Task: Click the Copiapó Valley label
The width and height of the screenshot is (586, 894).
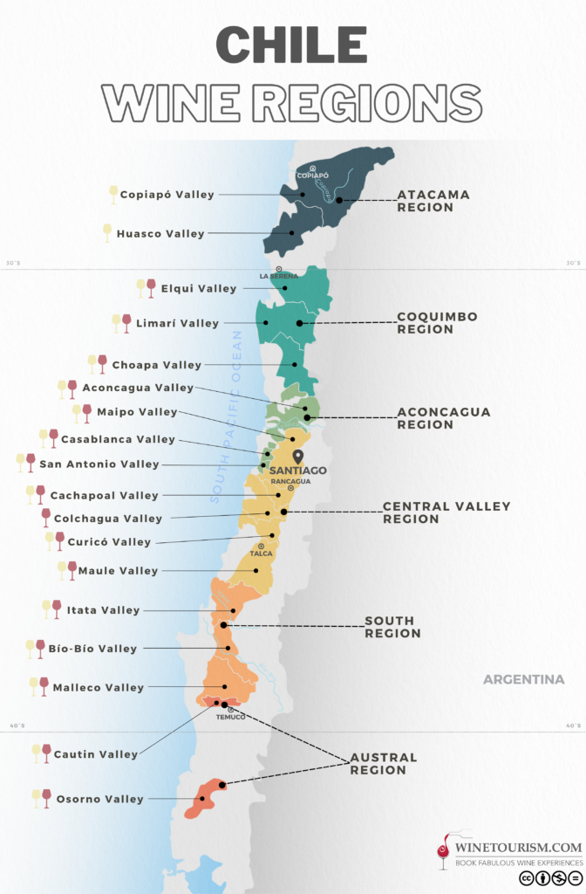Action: [x=167, y=195]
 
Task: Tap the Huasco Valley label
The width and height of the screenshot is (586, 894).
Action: [x=160, y=234]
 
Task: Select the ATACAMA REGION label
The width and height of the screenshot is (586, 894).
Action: [x=433, y=201]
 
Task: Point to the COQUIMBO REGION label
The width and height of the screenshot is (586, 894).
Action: [x=437, y=323]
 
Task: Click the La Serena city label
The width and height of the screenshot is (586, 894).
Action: [x=278, y=276]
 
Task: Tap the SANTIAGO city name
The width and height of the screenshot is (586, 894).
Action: [x=298, y=471]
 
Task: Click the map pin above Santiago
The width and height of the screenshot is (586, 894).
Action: [x=298, y=456]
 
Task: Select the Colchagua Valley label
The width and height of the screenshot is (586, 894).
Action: [x=108, y=519]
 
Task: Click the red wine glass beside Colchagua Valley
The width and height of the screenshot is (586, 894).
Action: [x=45, y=518]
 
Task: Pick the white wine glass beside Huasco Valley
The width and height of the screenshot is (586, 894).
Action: [x=107, y=232]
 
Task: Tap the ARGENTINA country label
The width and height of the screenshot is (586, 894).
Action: [x=523, y=679]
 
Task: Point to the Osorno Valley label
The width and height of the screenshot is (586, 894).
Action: [x=99, y=799]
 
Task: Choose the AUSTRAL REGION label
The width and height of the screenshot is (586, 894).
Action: [x=384, y=764]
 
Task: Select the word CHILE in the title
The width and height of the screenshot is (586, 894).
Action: [x=291, y=45]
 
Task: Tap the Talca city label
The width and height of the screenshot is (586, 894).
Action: [x=261, y=554]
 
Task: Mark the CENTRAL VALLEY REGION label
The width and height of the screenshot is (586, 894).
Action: [x=446, y=512]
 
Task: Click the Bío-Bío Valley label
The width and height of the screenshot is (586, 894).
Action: [x=93, y=649]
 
